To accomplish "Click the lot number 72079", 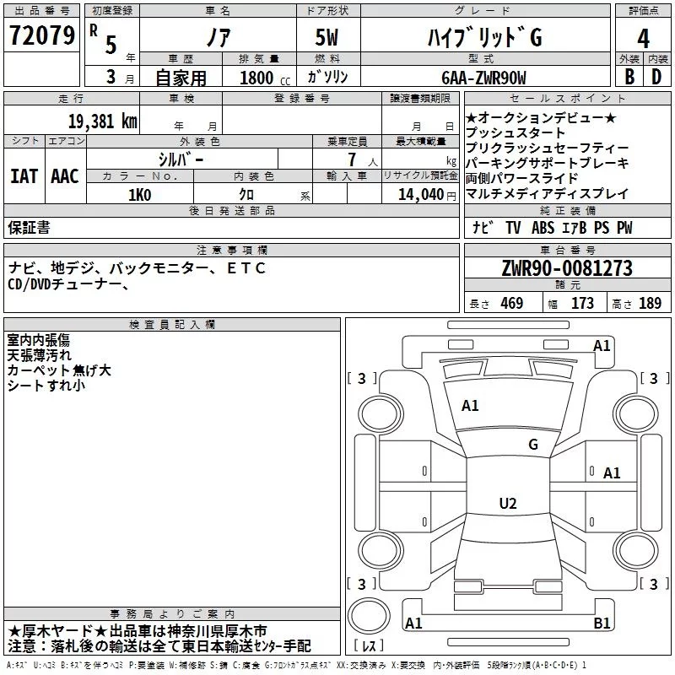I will point(41,37).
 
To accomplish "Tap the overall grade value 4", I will point(643,39).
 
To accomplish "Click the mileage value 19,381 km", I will point(102,121).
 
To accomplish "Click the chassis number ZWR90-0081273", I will point(567,268).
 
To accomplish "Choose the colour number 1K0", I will point(139,194).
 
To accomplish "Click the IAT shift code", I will point(24,176).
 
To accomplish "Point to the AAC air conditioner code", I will point(65,176).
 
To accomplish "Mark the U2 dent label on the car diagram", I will point(507,504).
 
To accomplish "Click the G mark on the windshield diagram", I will point(532,444).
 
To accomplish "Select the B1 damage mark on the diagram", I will point(602,624).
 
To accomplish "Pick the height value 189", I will point(651,304).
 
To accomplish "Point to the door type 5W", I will point(330,39).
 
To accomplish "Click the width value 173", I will point(583,304).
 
